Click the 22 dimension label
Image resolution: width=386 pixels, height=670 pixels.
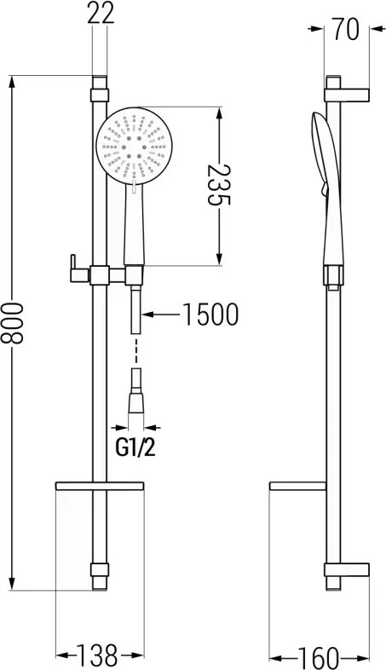[101, 14]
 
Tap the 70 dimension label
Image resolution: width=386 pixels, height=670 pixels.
[346, 30]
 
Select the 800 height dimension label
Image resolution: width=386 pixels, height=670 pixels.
[12, 323]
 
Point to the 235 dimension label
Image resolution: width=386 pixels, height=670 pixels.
[219, 185]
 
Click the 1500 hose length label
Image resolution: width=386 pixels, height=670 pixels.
[210, 315]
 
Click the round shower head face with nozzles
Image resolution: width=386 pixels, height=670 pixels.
[134, 146]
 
